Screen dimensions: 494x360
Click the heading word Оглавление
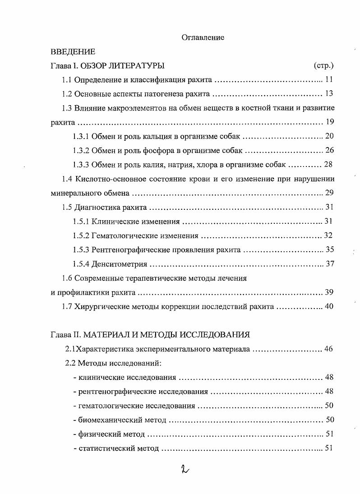pos(203,38)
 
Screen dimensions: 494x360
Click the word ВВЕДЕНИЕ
pos(73,52)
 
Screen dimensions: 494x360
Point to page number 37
pos(330,263)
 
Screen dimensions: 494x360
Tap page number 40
pos(328,306)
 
